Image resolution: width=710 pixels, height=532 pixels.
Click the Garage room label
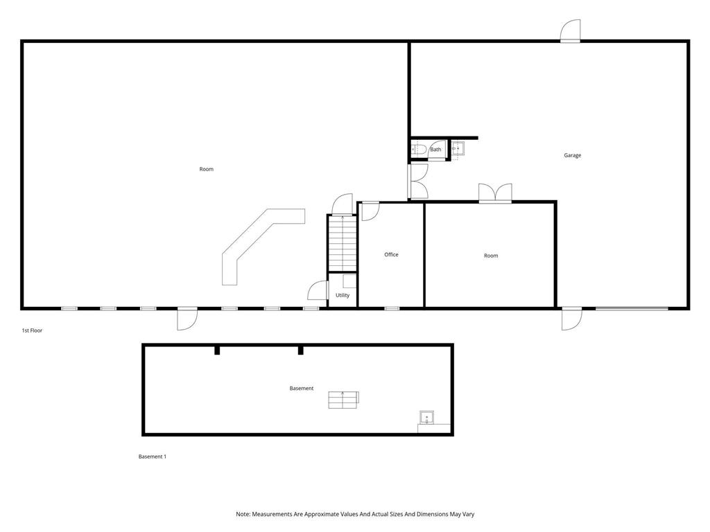pos(572,155)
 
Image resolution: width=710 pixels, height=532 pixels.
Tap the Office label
pos(391,255)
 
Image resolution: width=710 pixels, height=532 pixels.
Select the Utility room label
pos(343,295)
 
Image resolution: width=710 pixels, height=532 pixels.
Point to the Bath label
pos(435,150)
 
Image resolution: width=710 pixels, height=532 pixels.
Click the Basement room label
pos(302,388)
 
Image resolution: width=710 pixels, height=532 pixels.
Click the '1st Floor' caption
pos(32,330)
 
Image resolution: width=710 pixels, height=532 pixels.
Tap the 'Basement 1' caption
pos(152,457)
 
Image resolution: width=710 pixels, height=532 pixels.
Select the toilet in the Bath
pos(418,150)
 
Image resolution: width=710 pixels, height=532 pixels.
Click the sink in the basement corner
pos(426,417)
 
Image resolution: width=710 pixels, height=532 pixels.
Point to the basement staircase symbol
pos(344,400)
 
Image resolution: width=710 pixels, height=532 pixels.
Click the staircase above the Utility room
pos(343,243)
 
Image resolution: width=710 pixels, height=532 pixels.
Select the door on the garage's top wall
pos(570,31)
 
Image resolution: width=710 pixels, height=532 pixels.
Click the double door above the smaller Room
pos(495,193)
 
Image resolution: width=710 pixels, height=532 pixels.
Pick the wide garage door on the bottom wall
pos(632,309)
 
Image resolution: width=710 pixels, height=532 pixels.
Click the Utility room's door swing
pos(318,290)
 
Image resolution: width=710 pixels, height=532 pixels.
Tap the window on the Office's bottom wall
pos(392,309)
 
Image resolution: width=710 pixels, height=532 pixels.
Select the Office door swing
pos(371,211)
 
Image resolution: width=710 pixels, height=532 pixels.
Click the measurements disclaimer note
pos(355,515)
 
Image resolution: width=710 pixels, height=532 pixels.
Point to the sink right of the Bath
pos(458,148)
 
